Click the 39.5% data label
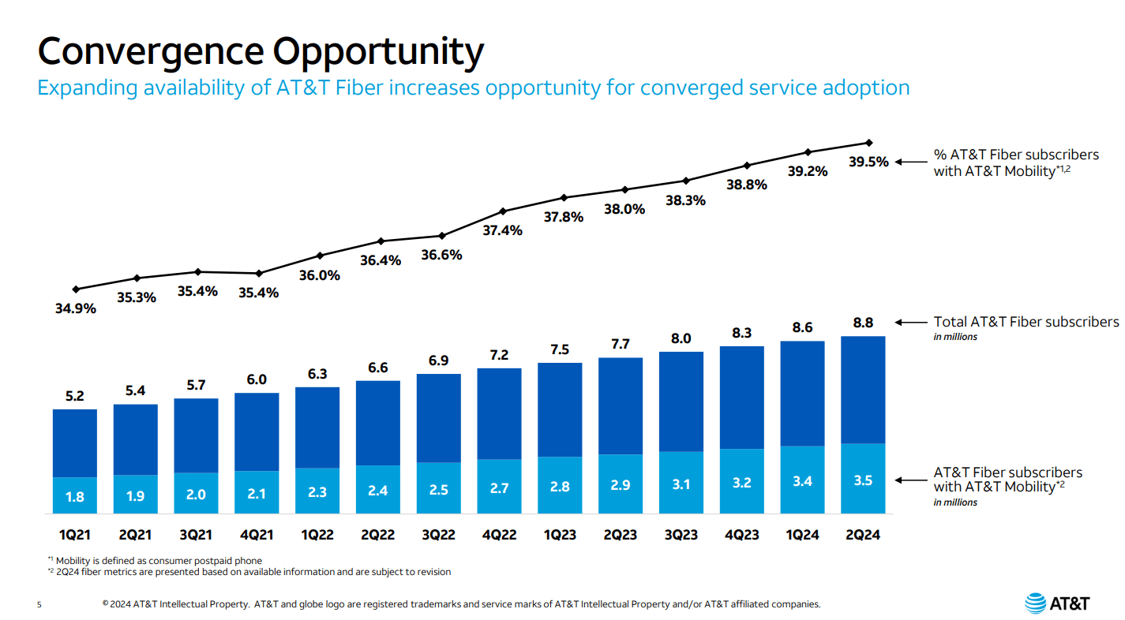pos(868,162)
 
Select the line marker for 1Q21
pos(75,289)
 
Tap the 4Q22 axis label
pos(498,535)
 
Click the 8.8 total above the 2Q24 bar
pos(862,322)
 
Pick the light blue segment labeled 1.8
pos(74,496)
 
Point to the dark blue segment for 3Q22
pos(438,418)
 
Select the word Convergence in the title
pos(150,51)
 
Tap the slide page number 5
pos(39,605)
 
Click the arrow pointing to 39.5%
pos(912,162)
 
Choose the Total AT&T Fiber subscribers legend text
pos(1026,322)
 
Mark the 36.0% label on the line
pos(320,275)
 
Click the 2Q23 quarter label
pos(620,535)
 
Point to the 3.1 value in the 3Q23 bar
pos(681,484)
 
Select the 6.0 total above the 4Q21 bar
pos(257,379)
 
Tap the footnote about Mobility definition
pos(154,560)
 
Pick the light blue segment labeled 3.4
pos(802,480)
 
